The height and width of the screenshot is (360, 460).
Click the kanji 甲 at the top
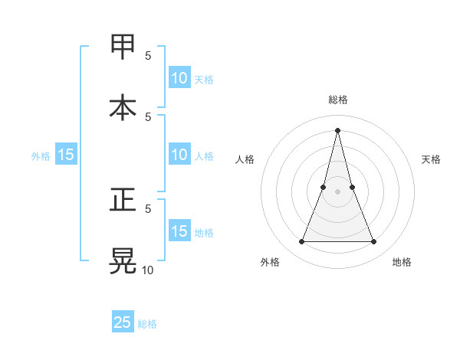[123, 46]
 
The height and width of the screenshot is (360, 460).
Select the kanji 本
[123, 106]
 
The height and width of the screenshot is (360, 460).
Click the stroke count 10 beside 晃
[147, 270]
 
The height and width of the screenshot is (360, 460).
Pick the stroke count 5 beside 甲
[148, 55]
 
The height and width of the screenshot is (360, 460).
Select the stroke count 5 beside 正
[148, 208]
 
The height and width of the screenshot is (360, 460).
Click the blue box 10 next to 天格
[179, 78]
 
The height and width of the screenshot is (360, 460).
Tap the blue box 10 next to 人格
[179, 155]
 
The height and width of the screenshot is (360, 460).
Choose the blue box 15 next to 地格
[179, 231]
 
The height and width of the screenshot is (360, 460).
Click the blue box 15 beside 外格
[66, 155]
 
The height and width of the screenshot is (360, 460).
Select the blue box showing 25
[123, 322]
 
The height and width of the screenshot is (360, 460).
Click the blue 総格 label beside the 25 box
[147, 324]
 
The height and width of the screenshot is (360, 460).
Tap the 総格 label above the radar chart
[337, 100]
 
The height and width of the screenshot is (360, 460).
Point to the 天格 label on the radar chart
[432, 159]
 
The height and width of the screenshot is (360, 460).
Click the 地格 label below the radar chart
[402, 262]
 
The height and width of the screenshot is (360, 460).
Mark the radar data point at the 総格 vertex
[337, 129]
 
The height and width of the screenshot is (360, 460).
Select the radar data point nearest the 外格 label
[301, 242]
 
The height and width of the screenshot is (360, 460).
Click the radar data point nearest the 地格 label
[374, 242]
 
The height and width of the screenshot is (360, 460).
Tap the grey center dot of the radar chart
[337, 191]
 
